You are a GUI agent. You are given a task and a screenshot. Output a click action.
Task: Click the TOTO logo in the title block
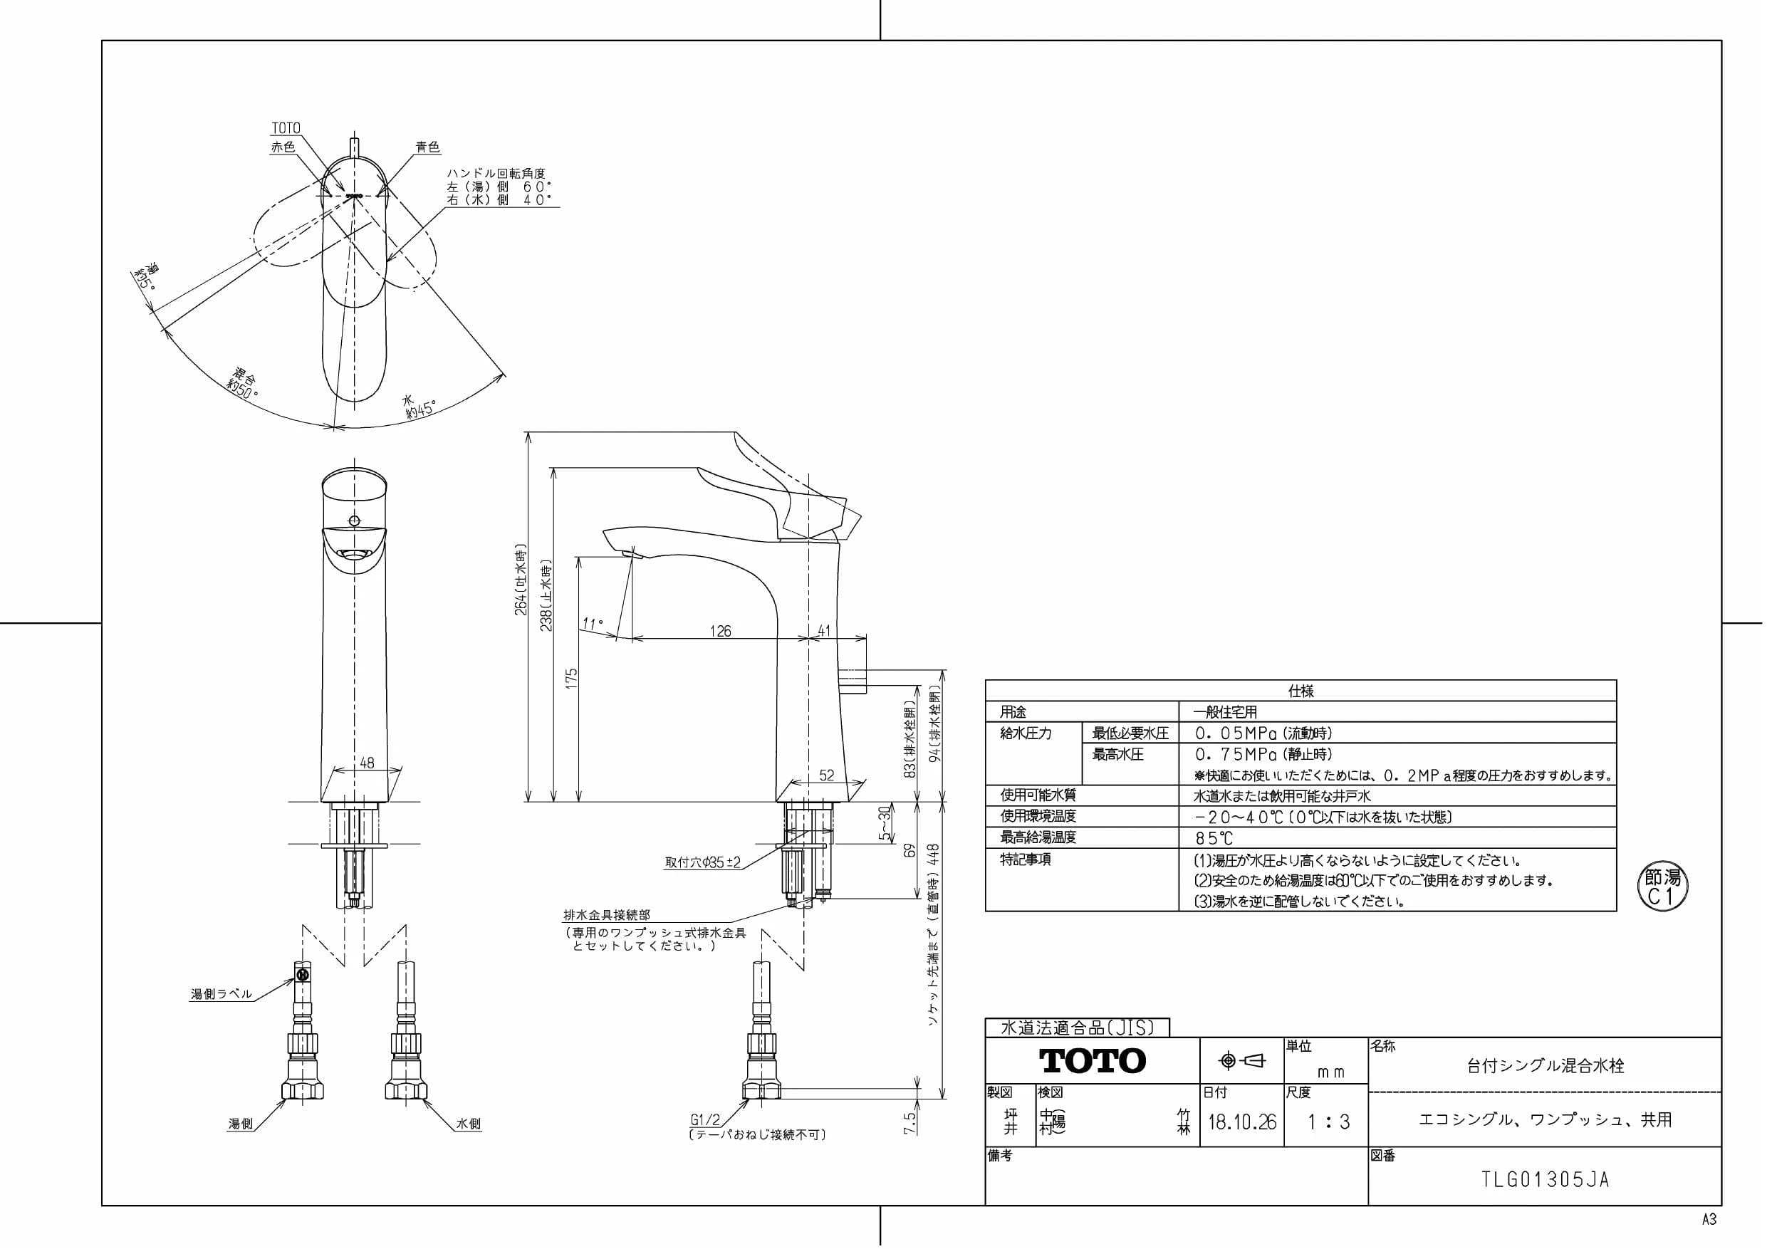(1092, 1060)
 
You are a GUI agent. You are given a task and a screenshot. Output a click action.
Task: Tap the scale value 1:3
(1328, 1122)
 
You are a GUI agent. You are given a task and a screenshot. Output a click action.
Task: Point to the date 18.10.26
(1241, 1122)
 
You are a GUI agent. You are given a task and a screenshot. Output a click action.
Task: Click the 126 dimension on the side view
(720, 631)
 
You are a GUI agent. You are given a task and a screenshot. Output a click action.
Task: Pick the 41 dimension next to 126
(824, 631)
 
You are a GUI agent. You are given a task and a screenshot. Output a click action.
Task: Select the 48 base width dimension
(367, 763)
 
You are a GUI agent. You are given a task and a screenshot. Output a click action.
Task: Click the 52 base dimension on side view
(827, 775)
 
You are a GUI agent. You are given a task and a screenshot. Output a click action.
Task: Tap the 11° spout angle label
(593, 624)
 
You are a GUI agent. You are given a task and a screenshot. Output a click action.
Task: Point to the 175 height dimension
(571, 678)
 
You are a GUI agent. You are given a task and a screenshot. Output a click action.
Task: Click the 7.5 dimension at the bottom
(909, 1123)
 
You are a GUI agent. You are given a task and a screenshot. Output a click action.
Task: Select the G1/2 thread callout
(705, 1121)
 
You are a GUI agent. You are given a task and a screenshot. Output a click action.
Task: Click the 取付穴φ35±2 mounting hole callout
(703, 862)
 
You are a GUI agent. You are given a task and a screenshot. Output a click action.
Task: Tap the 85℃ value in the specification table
(1214, 838)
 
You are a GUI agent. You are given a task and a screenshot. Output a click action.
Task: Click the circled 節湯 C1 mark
(1662, 887)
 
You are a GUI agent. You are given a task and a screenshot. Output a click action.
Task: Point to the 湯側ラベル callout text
(221, 993)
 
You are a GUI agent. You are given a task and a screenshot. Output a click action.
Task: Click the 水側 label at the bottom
(468, 1124)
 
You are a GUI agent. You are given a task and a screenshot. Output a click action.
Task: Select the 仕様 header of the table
(1301, 691)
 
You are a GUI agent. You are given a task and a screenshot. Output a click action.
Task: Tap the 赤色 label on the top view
(283, 147)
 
